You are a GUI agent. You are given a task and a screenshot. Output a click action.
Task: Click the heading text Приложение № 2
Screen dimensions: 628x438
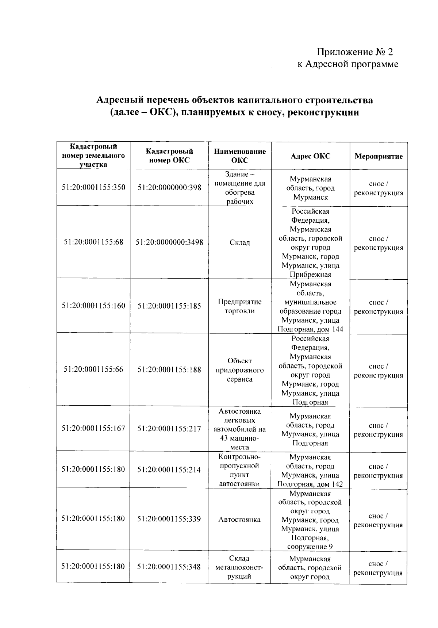[x=355, y=52]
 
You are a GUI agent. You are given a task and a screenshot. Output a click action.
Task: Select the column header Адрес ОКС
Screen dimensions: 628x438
[x=310, y=156]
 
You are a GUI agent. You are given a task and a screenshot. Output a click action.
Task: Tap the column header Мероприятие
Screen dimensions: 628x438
[x=379, y=156]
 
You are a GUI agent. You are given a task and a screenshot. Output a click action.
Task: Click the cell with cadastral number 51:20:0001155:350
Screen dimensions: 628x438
[x=93, y=187]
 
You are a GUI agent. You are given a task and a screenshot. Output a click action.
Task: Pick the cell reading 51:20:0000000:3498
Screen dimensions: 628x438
[x=169, y=242]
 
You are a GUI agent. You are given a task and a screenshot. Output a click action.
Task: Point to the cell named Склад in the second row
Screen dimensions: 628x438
[x=240, y=242]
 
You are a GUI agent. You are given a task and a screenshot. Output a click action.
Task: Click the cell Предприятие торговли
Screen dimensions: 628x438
[x=240, y=306]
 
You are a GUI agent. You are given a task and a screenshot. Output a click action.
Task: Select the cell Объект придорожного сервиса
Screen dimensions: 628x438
[x=240, y=370]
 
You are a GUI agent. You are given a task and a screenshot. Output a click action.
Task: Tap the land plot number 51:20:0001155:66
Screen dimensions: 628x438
[x=93, y=369]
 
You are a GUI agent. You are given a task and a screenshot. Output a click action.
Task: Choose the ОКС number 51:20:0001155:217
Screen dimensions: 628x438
[x=169, y=429]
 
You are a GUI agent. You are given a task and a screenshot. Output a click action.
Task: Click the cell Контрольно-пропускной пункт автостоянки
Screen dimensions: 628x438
[x=239, y=470]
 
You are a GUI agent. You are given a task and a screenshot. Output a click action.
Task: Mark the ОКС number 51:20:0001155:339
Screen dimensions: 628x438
[x=169, y=519]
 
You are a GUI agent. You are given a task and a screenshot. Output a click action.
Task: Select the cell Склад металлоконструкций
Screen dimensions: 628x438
[x=239, y=567]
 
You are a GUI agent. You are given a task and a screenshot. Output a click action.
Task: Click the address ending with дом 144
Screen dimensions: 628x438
[x=310, y=306]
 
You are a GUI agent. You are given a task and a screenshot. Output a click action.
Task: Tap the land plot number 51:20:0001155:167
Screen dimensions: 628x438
[x=93, y=428]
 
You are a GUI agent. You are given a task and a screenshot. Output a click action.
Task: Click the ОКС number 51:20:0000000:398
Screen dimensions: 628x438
[x=169, y=187]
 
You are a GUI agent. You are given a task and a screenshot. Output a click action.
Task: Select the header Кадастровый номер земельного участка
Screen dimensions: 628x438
[x=93, y=156]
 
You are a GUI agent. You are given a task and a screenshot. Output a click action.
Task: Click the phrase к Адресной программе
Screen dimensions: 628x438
[x=347, y=65]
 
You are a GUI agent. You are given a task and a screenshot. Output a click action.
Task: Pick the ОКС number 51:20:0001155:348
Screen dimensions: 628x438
[x=169, y=567]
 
